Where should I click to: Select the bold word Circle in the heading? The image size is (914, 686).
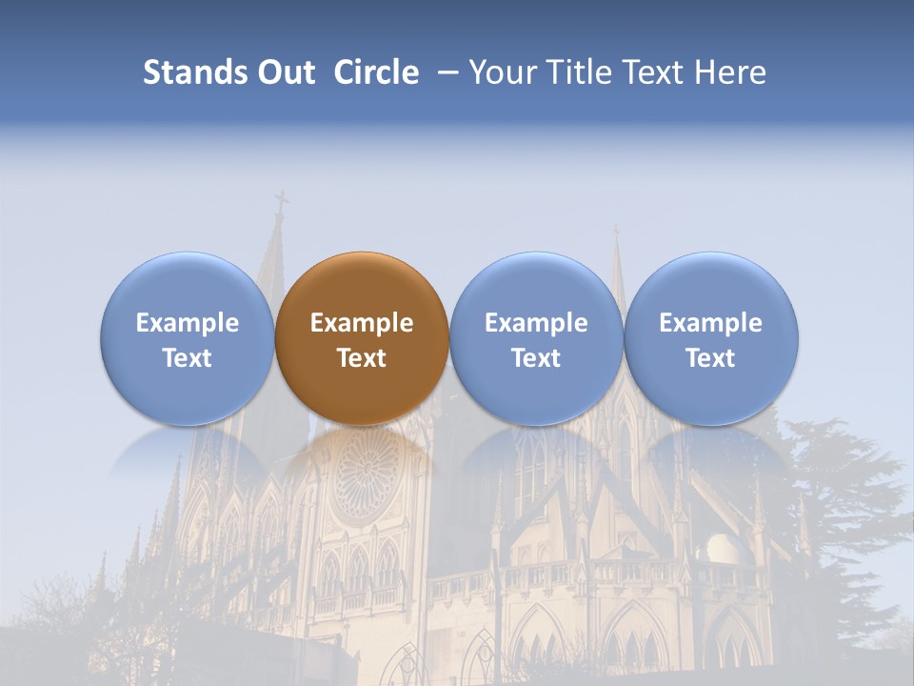tap(376, 72)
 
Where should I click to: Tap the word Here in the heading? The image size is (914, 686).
tap(729, 72)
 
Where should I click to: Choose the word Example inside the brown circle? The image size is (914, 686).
tap(362, 323)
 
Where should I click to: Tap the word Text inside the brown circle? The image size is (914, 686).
tap(362, 358)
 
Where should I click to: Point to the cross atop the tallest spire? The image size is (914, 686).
tap(281, 203)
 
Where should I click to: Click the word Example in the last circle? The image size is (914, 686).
tap(711, 323)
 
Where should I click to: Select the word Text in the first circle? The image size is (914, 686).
tap(188, 358)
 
